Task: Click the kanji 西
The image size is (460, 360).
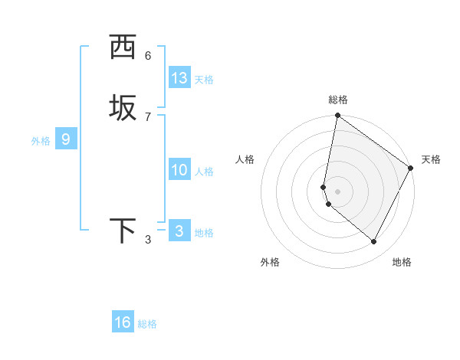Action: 123,48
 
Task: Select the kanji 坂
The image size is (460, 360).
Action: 123,107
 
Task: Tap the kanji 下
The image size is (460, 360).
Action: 123,231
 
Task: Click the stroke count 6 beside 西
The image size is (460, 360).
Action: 148,55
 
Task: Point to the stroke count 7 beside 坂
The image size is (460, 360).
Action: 148,116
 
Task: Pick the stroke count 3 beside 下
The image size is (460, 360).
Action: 148,240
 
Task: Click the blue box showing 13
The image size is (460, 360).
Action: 179,78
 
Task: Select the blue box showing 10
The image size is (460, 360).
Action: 179,170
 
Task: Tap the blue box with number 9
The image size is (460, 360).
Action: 66,139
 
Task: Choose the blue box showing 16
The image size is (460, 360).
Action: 123,322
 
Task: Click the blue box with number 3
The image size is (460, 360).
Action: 179,231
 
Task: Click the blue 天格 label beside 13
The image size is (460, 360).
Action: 204,80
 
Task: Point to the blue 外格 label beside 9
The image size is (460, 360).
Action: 41,141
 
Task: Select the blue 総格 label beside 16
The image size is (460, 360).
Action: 147,324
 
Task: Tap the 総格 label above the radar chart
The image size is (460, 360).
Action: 338,100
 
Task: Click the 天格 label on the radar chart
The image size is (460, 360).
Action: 431,159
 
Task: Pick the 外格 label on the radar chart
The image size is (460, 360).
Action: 270,262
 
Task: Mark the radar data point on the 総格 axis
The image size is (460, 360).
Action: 338,116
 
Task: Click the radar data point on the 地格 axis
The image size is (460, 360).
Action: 374,242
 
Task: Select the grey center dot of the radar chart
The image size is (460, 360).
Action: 338,190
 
